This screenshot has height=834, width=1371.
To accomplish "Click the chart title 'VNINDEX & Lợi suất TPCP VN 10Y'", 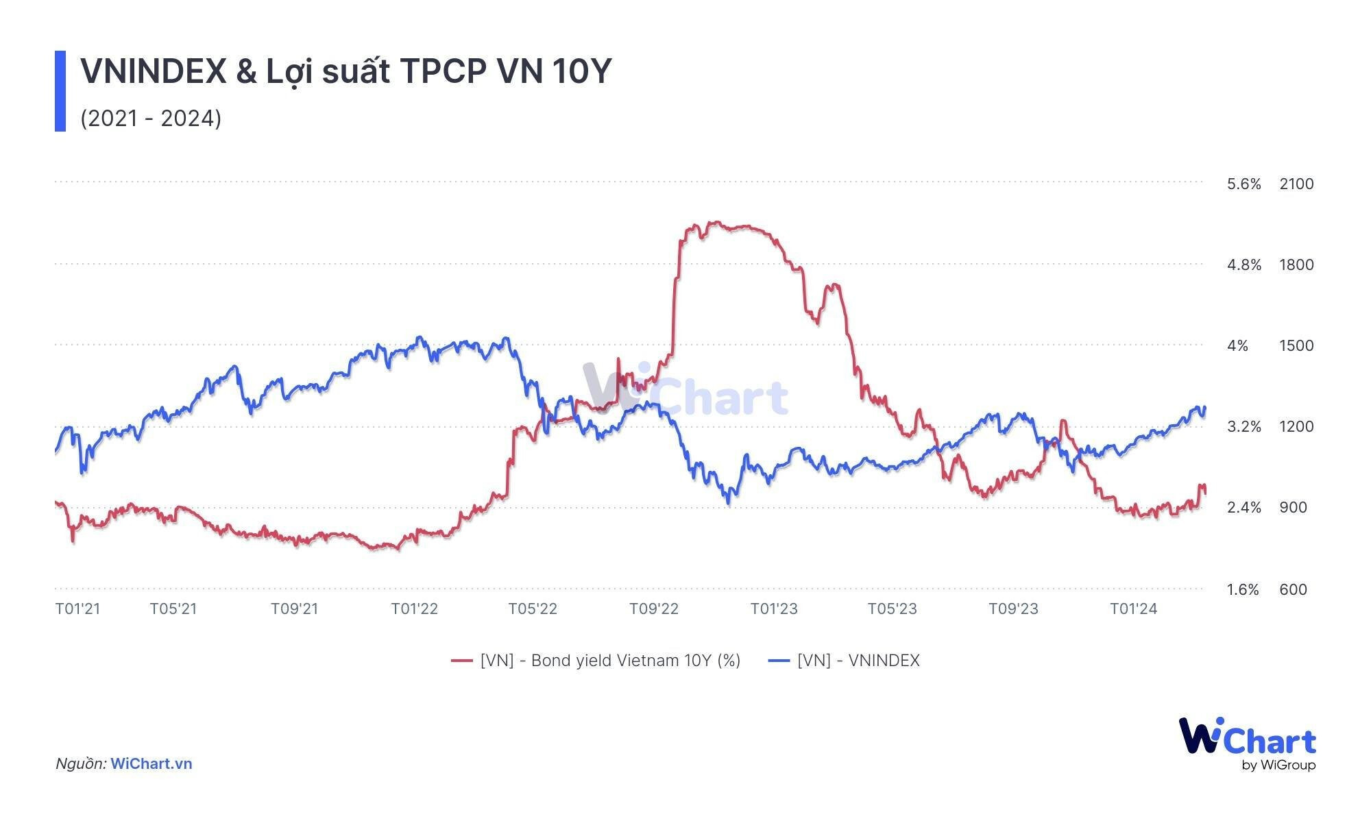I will [345, 71].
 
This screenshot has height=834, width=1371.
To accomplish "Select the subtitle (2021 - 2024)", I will [151, 119].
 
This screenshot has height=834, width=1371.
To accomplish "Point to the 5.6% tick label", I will [1243, 184].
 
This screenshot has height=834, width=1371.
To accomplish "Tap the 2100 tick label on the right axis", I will [1296, 184].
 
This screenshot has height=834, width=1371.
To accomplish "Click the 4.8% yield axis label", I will [1243, 265].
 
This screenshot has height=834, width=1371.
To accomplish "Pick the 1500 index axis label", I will [1296, 345].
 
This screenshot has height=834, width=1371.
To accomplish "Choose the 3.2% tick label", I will [1243, 426].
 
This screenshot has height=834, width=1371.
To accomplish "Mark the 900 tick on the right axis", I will [1293, 507].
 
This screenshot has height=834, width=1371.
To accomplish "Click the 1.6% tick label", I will [1243, 589].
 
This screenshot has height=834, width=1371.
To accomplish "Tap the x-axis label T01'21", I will [77, 609].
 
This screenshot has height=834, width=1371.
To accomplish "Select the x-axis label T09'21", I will [295, 609].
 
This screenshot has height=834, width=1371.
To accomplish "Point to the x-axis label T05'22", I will [533, 609].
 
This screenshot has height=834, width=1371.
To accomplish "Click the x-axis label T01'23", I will [774, 609].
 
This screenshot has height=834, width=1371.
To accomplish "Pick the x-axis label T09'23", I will [1013, 609].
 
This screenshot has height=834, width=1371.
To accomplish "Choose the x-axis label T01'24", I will [1134, 609].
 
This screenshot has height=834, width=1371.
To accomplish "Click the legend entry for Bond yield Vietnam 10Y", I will [596, 661].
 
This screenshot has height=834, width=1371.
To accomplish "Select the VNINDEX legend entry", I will [844, 661].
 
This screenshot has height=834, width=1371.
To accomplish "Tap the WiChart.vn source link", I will [151, 763].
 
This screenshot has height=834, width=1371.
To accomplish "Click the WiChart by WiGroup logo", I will [1247, 744].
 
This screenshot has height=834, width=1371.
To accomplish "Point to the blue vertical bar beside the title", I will [60, 90].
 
